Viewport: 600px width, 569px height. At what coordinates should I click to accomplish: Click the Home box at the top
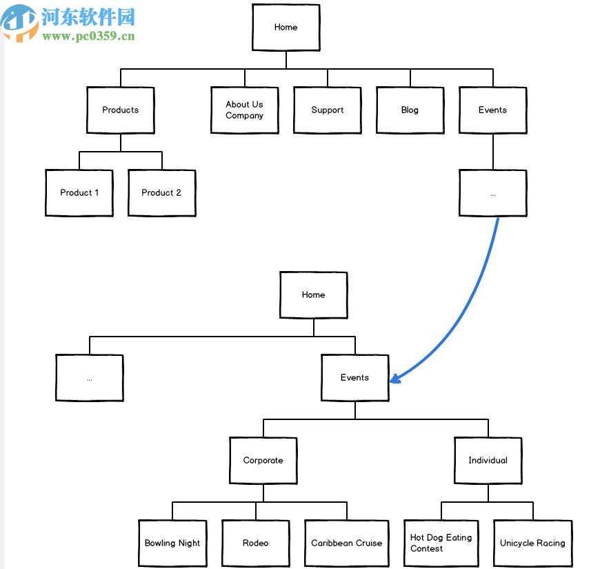point(286,28)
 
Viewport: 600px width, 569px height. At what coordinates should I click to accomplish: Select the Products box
point(121,110)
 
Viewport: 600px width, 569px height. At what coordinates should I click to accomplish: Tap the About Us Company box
point(244,110)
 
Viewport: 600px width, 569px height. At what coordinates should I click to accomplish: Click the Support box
point(327,110)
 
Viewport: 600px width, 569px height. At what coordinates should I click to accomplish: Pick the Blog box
point(410,110)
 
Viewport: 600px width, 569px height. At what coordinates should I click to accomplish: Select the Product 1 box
point(79,193)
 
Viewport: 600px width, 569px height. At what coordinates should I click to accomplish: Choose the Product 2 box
point(161,193)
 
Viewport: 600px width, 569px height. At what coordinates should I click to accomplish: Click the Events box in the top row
point(492,110)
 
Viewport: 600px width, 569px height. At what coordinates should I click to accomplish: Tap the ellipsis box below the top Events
point(492,193)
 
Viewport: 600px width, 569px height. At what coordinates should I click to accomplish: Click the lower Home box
point(313,295)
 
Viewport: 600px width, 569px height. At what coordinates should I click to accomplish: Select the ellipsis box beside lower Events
point(90,378)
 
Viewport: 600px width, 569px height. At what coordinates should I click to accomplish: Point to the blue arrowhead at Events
point(395,378)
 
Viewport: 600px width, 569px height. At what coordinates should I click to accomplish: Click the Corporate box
point(263,461)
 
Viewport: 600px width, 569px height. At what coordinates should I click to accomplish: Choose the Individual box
point(488,461)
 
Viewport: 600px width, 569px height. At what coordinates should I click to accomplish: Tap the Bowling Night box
point(172,543)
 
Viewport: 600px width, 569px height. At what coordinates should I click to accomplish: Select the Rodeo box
point(256,543)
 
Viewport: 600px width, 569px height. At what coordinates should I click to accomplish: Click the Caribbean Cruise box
point(346,543)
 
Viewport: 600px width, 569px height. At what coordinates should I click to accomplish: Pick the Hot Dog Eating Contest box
point(441,543)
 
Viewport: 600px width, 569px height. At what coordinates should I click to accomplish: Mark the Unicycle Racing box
point(532,543)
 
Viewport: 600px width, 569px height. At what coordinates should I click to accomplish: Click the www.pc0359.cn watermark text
point(88,37)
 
